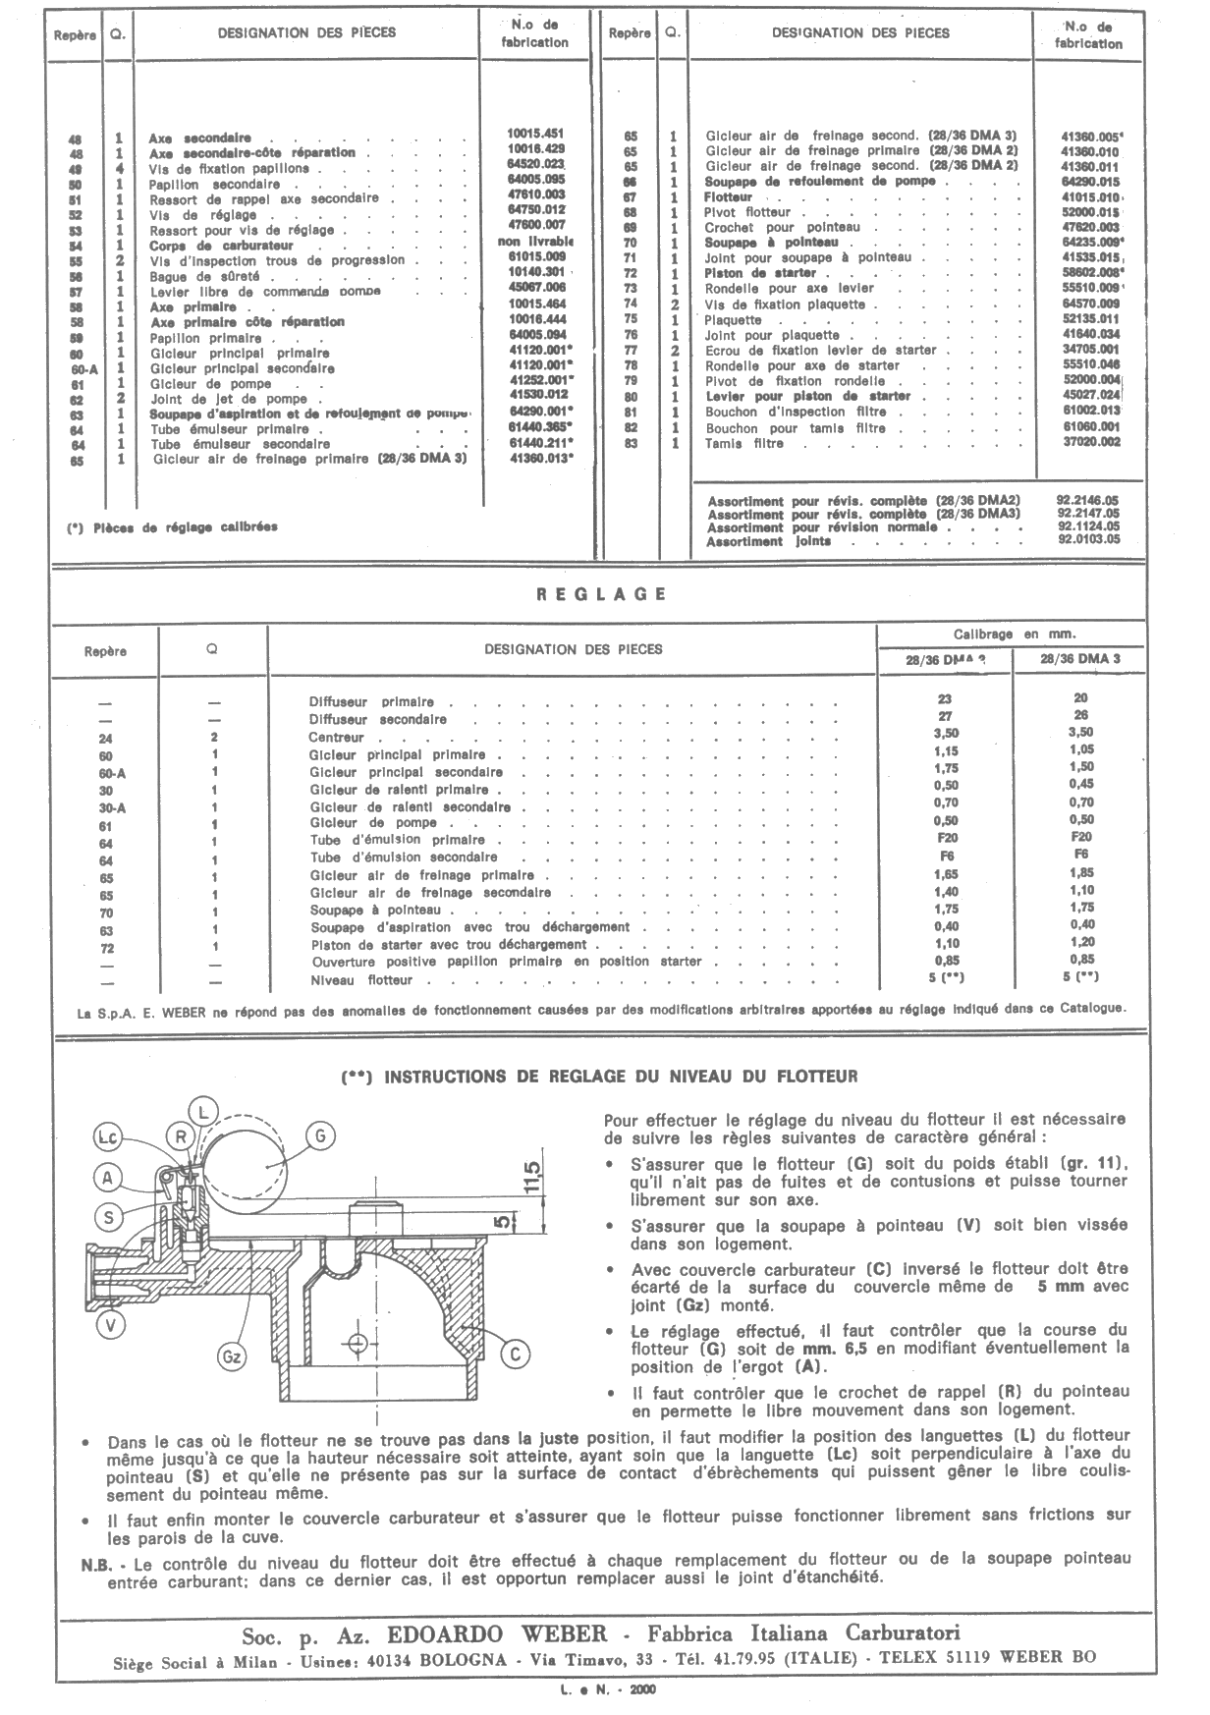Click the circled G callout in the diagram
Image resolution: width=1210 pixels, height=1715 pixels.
321,1135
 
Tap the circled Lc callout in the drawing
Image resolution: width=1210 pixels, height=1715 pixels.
108,1137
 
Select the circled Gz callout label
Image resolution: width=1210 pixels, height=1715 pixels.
233,1358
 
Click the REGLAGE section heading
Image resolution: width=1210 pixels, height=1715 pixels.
602,594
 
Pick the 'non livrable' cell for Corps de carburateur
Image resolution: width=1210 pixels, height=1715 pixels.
536,242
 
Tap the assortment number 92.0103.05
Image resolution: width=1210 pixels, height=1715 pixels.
1087,540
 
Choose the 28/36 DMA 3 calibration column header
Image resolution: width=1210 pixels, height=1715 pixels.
1080,658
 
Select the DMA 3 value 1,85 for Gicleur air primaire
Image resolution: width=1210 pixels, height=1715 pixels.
1080,872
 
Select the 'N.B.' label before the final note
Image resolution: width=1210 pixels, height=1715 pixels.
96,1559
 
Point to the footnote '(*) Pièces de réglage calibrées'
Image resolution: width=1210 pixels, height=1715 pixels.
172,526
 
